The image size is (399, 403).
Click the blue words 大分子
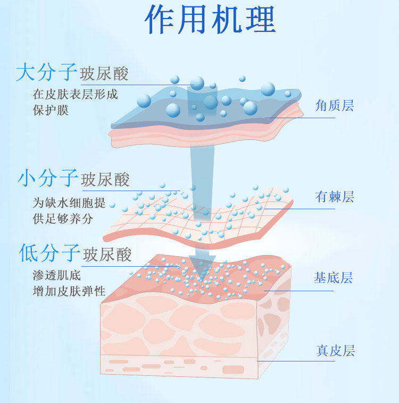(47, 72)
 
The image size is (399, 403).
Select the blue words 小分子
(48, 178)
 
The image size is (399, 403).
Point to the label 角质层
(335, 105)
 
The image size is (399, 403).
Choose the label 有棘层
(335, 197)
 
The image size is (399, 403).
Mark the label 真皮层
(335, 351)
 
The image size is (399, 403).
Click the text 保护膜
(51, 110)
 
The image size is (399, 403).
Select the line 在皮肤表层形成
(75, 95)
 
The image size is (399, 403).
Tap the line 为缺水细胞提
(69, 203)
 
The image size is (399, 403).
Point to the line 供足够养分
(63, 218)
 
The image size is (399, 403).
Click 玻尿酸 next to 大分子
(104, 74)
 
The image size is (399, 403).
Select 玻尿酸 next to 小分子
(105, 180)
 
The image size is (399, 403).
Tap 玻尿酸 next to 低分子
(107, 254)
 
